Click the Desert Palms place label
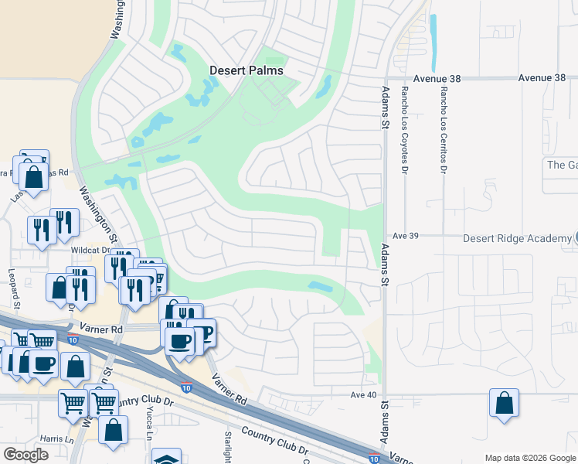pyautogui.click(x=246, y=70)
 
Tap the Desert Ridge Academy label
pyautogui.click(x=516, y=239)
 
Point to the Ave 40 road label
pyautogui.click(x=364, y=394)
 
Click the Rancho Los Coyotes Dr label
pyautogui.click(x=404, y=128)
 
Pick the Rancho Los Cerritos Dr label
pyautogui.click(x=444, y=128)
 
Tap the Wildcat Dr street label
pyautogui.click(x=91, y=251)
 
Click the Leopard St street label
pyautogui.click(x=13, y=287)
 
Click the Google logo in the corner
pyautogui.click(x=25, y=455)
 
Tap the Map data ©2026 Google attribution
pyautogui.click(x=529, y=458)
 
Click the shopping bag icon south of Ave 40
pyautogui.click(x=504, y=404)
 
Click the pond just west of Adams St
pyautogui.click(x=321, y=286)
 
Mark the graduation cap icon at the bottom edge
pyautogui.click(x=166, y=458)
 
